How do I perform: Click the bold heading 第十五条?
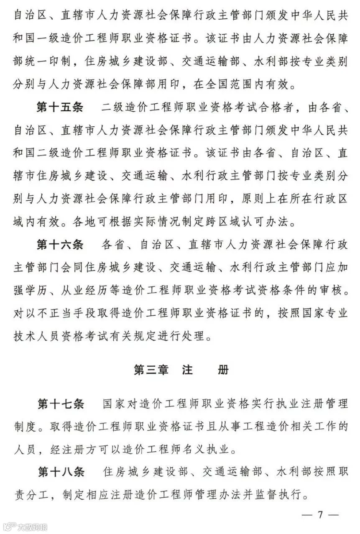coord(61,107)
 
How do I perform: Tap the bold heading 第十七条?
coord(61,404)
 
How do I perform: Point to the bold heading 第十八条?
coord(61,473)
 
